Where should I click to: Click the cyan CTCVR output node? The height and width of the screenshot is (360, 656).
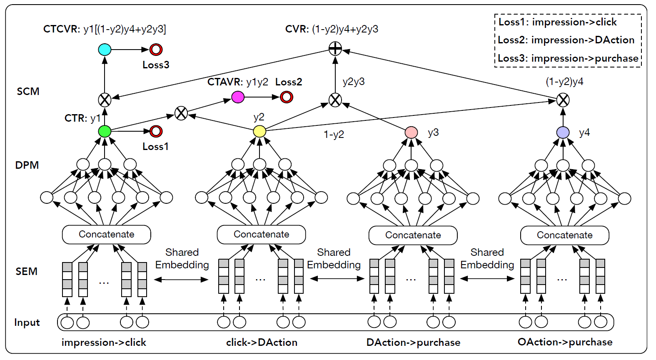click(105, 50)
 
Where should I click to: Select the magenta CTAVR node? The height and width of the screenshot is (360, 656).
click(238, 97)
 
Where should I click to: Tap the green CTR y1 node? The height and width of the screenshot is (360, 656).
click(105, 131)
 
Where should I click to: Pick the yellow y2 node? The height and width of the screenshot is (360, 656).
click(259, 131)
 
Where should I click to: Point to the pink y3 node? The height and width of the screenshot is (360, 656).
click(411, 132)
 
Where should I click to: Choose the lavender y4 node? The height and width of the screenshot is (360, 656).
click(563, 132)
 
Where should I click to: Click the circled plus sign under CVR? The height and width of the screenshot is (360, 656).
click(335, 49)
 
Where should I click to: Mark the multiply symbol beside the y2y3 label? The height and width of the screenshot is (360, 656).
click(335, 100)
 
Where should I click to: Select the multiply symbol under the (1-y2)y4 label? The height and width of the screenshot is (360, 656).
click(563, 100)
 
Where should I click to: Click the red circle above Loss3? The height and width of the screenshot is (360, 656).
click(156, 50)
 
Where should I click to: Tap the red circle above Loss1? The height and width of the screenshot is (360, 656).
click(156, 131)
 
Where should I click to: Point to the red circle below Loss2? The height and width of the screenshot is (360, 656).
click(287, 97)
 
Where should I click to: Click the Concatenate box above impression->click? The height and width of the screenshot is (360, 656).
click(107, 235)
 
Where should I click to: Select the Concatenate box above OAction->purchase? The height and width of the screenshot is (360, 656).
click(565, 235)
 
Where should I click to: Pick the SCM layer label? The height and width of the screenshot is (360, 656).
click(28, 92)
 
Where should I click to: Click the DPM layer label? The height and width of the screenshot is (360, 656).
click(27, 165)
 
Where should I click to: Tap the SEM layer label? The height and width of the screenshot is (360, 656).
click(27, 272)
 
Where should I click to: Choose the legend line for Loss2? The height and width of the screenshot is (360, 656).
click(566, 40)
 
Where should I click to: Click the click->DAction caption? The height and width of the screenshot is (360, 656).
click(262, 342)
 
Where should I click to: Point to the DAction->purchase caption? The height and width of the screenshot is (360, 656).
click(413, 342)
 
